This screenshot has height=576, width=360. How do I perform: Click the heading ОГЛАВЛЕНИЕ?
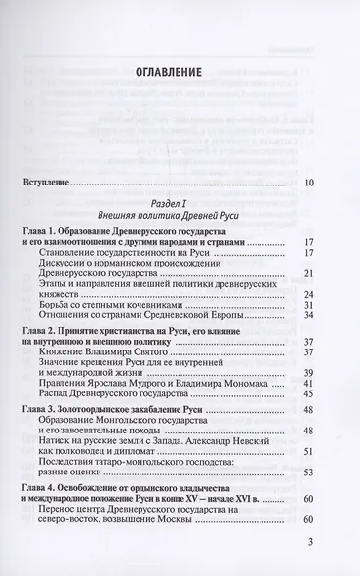click(x=180, y=71)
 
